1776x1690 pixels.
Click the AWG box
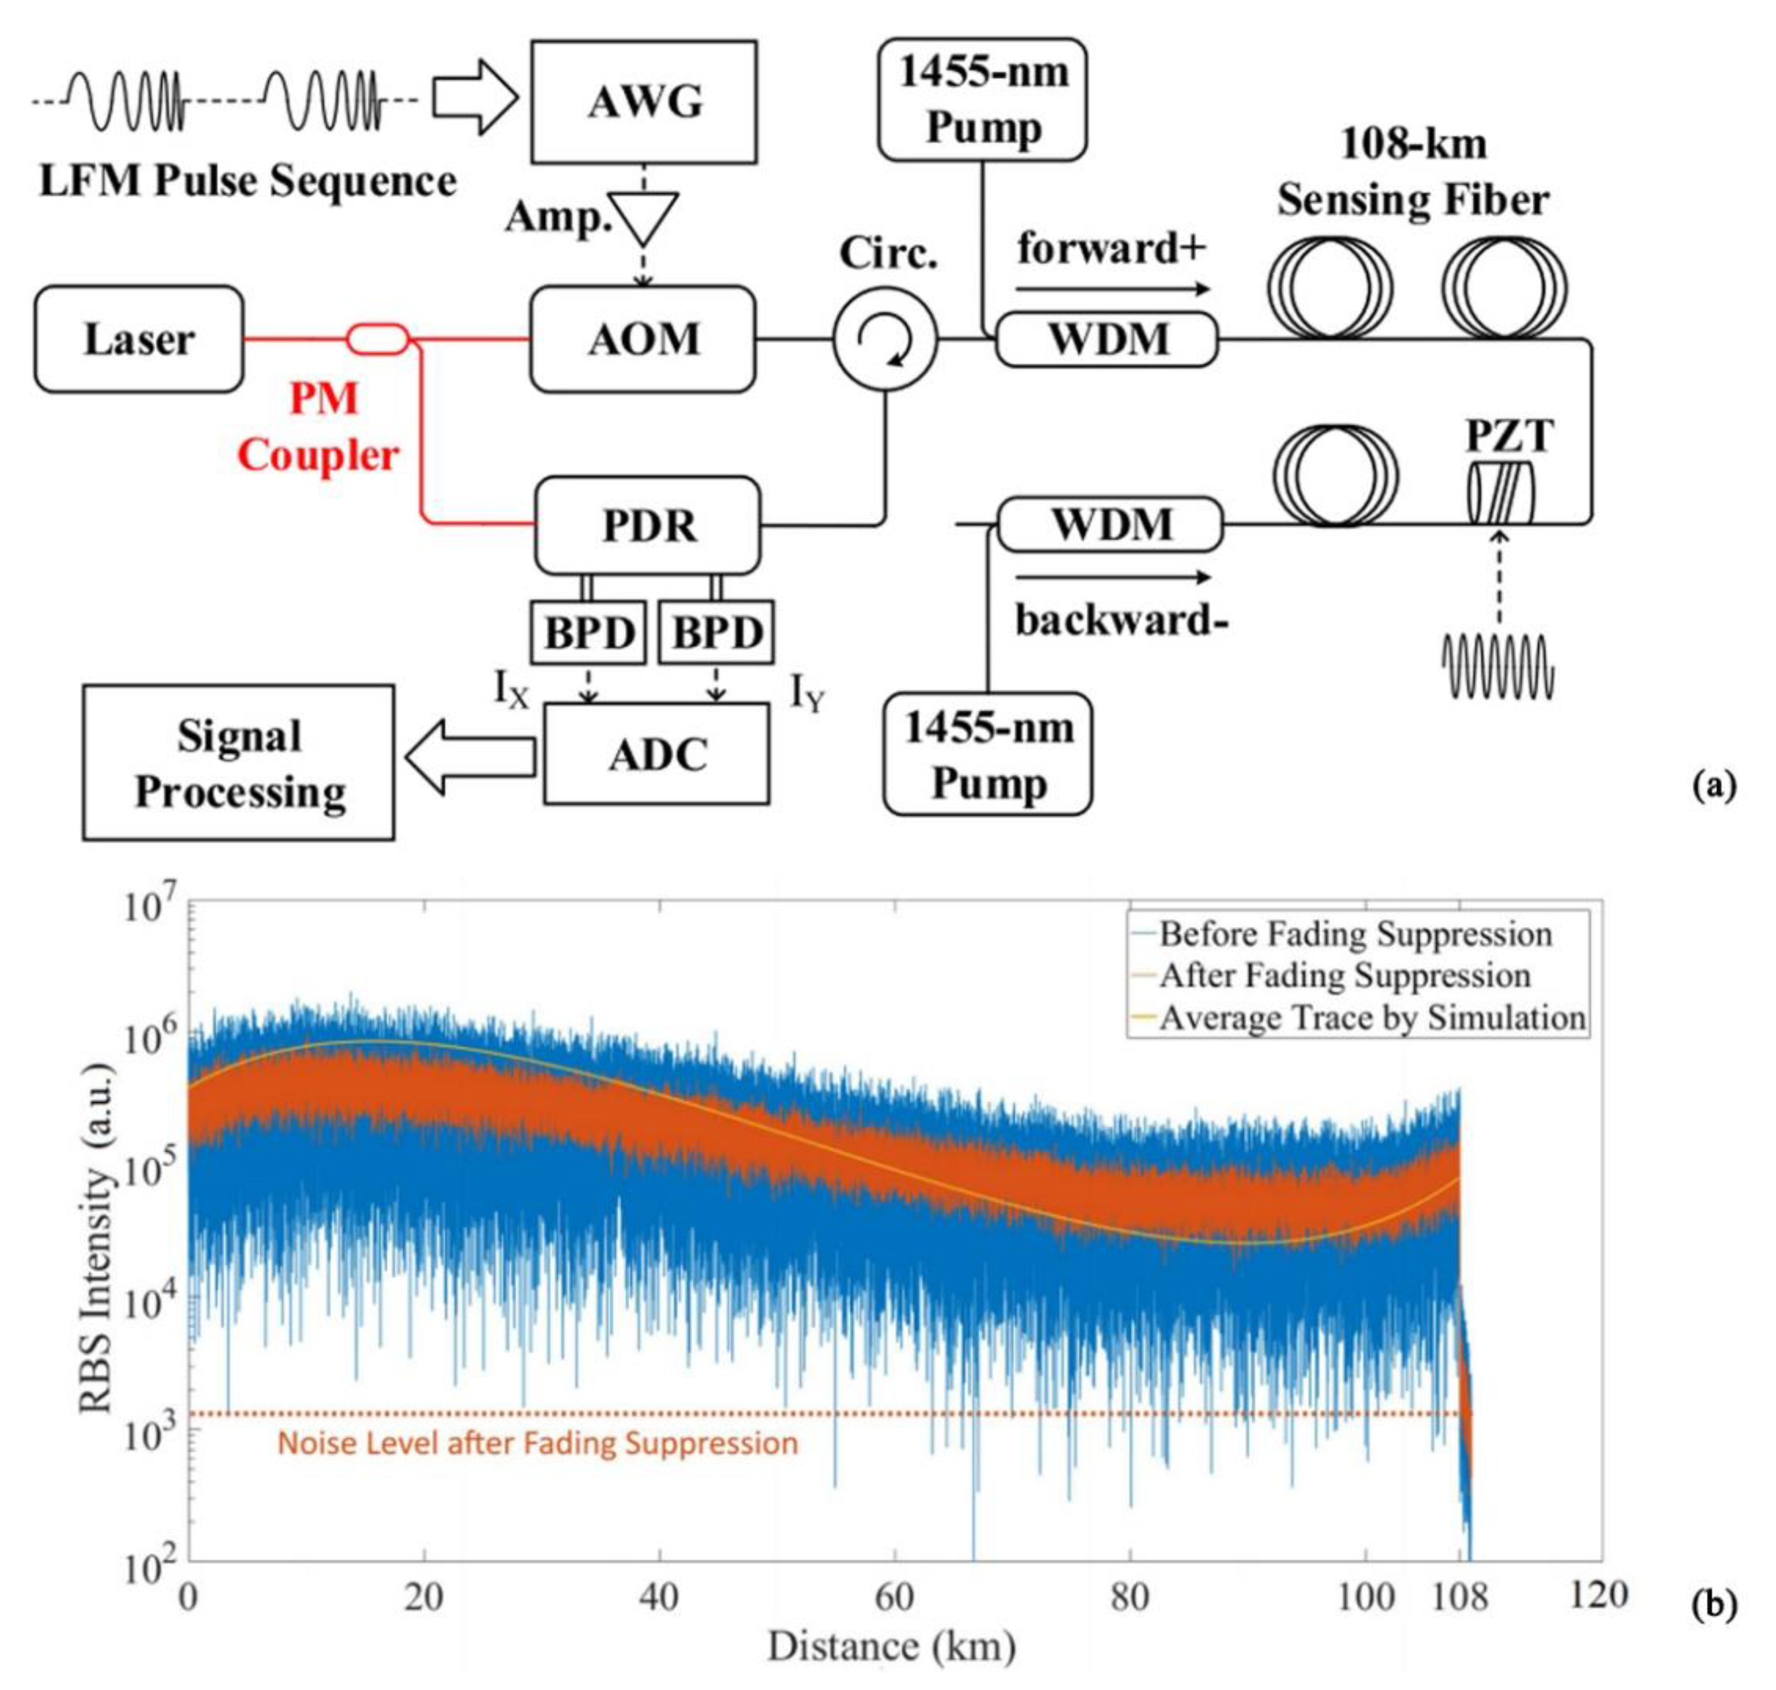click(x=643, y=102)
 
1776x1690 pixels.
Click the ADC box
click(x=656, y=754)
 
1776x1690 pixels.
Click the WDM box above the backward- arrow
click(x=1110, y=524)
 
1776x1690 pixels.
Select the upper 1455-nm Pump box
click(x=982, y=99)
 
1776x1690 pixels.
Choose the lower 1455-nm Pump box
click(x=987, y=754)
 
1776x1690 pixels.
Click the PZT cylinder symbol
click(x=1499, y=494)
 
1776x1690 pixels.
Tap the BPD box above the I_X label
click(x=588, y=632)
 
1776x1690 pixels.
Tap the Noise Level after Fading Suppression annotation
click(x=537, y=1443)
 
